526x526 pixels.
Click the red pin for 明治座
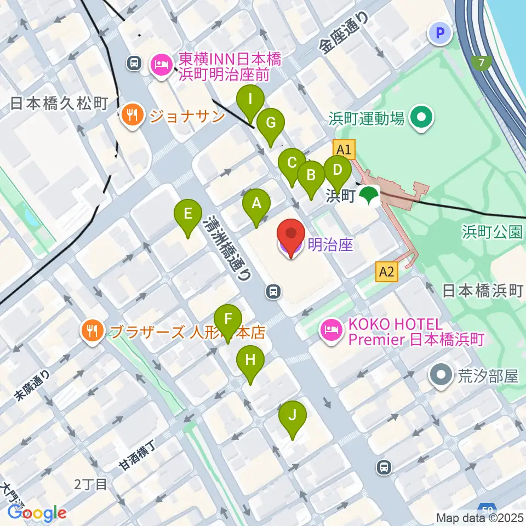(x=291, y=238)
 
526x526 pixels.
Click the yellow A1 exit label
(x=344, y=149)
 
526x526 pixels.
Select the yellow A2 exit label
(x=386, y=271)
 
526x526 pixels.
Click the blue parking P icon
(x=440, y=34)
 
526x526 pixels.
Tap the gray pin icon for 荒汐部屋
(x=442, y=376)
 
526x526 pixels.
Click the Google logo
(x=37, y=513)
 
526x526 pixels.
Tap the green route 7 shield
(x=481, y=63)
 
